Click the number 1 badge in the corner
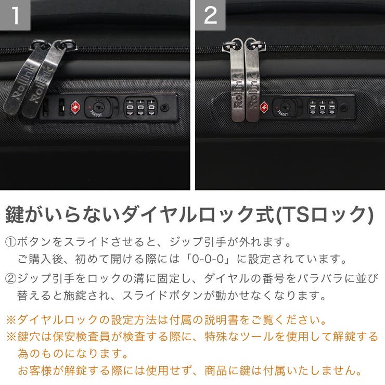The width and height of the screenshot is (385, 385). [15, 15]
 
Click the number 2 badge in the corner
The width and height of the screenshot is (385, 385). [210, 15]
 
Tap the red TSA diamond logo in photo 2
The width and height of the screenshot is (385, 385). [264, 107]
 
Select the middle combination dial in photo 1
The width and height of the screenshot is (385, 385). [140, 107]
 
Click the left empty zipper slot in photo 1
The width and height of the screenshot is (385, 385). [45, 107]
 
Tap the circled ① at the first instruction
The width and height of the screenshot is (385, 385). [11, 242]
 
